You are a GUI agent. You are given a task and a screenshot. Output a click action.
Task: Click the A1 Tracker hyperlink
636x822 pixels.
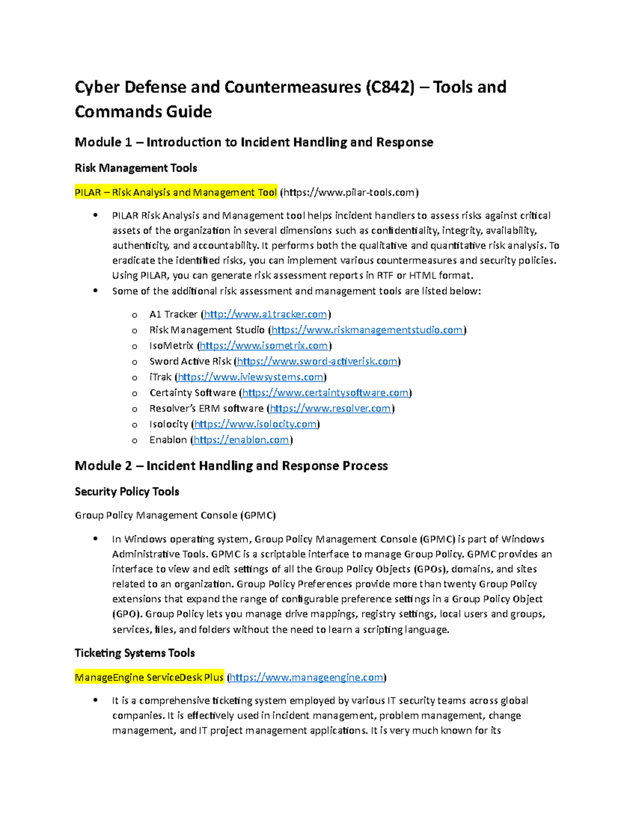(x=266, y=314)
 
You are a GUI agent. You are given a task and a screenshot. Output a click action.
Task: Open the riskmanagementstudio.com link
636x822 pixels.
(x=367, y=330)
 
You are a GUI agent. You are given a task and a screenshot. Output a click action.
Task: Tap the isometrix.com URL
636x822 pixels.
(x=264, y=346)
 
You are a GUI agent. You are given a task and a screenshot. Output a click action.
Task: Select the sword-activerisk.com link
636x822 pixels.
(x=317, y=362)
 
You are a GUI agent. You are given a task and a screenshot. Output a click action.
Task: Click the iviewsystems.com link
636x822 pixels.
(x=250, y=377)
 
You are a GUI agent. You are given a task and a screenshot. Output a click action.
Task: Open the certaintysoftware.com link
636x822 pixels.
(x=325, y=393)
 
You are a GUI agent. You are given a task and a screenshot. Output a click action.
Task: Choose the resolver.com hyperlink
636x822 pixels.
(x=330, y=409)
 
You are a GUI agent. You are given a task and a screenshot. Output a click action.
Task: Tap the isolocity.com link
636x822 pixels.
(x=255, y=424)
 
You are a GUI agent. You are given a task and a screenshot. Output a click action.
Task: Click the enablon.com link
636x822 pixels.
(x=241, y=440)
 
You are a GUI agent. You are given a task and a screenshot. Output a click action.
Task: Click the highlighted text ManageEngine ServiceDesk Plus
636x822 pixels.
(x=149, y=678)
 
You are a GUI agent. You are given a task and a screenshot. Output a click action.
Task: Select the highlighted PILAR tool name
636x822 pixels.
(x=175, y=193)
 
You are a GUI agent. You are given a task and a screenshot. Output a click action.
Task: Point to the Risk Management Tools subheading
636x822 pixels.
(x=136, y=168)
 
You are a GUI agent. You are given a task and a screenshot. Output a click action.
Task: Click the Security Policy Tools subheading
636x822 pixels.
(x=127, y=492)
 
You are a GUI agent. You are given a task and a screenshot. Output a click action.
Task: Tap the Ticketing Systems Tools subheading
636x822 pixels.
(x=135, y=653)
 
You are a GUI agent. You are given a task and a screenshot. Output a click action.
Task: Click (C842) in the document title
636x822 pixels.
(x=390, y=87)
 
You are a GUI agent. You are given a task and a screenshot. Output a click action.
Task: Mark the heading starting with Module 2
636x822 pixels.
(x=231, y=466)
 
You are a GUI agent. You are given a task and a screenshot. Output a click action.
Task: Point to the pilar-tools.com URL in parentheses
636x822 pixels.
(x=349, y=193)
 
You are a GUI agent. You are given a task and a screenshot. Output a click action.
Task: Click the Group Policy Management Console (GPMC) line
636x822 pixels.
(x=175, y=516)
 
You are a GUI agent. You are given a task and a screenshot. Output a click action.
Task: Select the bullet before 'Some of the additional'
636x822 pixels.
(x=95, y=291)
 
